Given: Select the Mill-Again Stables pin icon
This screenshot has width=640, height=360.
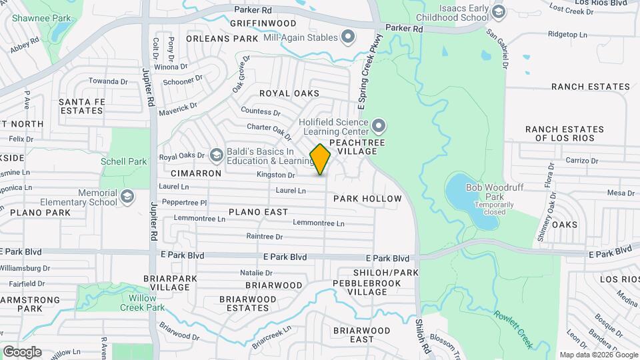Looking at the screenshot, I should (x=347, y=37).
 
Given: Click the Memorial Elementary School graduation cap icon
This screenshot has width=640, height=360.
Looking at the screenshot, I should (x=127, y=197).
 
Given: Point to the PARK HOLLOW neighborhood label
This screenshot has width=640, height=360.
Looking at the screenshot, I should (x=367, y=199).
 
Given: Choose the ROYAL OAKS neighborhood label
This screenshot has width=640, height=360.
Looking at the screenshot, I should (x=289, y=93).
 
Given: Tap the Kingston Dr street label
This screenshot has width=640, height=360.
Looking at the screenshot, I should (x=276, y=175).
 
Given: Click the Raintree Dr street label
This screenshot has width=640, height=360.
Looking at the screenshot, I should (x=265, y=236).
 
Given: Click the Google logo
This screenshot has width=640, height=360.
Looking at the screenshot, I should (x=22, y=351).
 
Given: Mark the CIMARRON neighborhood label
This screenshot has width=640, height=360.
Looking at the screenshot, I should (x=199, y=173).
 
